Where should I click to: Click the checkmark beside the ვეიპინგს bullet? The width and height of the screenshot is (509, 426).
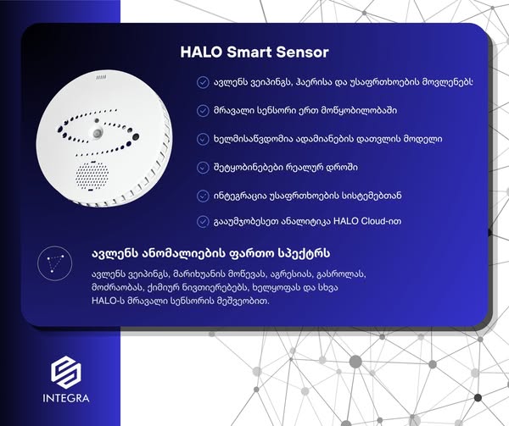(203, 82)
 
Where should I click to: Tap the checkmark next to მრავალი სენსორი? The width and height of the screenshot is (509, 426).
(203, 111)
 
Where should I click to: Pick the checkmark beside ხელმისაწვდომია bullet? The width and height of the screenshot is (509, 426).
(203, 139)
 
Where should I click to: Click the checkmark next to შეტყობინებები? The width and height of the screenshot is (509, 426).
(203, 168)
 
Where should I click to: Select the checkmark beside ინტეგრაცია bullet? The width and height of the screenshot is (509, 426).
(203, 196)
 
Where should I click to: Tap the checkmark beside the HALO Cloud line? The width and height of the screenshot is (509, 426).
(203, 222)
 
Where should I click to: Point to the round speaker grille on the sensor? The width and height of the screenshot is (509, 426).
(92, 176)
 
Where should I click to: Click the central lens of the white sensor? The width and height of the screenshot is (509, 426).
(97, 133)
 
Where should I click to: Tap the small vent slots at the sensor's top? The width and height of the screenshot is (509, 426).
(101, 78)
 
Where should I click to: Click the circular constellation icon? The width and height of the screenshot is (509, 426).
(54, 263)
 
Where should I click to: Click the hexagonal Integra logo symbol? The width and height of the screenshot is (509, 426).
(66, 373)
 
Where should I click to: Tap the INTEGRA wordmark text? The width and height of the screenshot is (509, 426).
(66, 398)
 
